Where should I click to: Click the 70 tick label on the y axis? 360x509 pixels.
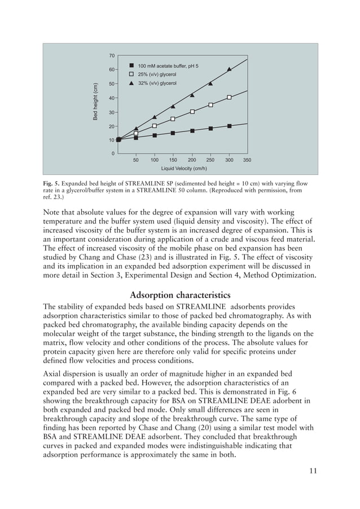[112, 56]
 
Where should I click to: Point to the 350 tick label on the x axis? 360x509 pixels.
[247, 160]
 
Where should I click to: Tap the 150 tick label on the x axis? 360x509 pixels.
[173, 160]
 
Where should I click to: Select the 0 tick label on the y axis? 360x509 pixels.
[113, 153]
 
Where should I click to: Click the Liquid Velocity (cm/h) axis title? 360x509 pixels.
[184, 168]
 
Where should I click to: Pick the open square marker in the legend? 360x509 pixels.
[131, 74]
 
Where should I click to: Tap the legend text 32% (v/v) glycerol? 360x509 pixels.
[157, 83]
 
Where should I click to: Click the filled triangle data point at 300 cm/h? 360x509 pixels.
[229, 69]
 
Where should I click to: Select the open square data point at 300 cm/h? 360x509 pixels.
[229, 98]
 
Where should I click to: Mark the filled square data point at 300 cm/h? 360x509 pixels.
[229, 126]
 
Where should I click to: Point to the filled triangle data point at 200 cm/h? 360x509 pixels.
[192, 95]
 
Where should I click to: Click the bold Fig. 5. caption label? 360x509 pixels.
[51, 184]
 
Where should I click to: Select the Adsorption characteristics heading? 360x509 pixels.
[179, 295]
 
